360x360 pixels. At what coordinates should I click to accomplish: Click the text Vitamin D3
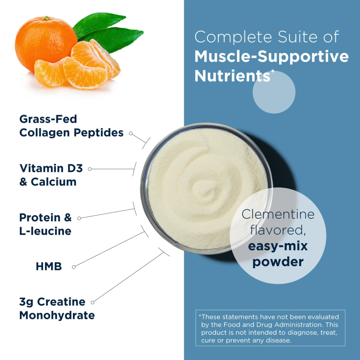[x=51, y=169]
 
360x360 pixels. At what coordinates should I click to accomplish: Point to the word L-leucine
[x=45, y=231]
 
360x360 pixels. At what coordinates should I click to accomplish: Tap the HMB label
[x=49, y=266]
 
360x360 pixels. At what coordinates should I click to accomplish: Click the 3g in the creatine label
[x=26, y=301]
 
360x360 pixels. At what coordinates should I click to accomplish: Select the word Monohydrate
[x=57, y=315]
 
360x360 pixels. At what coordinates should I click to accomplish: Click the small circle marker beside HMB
[x=74, y=267]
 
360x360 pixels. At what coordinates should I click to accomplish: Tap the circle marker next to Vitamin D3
[x=90, y=169]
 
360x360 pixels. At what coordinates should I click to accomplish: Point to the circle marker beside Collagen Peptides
[x=130, y=133]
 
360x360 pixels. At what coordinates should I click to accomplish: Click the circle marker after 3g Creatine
[x=94, y=302]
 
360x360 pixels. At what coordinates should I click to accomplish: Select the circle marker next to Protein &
[x=79, y=218]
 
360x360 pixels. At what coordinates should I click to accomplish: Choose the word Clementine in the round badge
[x=278, y=214]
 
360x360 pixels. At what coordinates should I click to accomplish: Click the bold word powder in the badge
[x=278, y=261]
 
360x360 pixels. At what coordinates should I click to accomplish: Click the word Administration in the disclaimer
[x=295, y=324]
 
